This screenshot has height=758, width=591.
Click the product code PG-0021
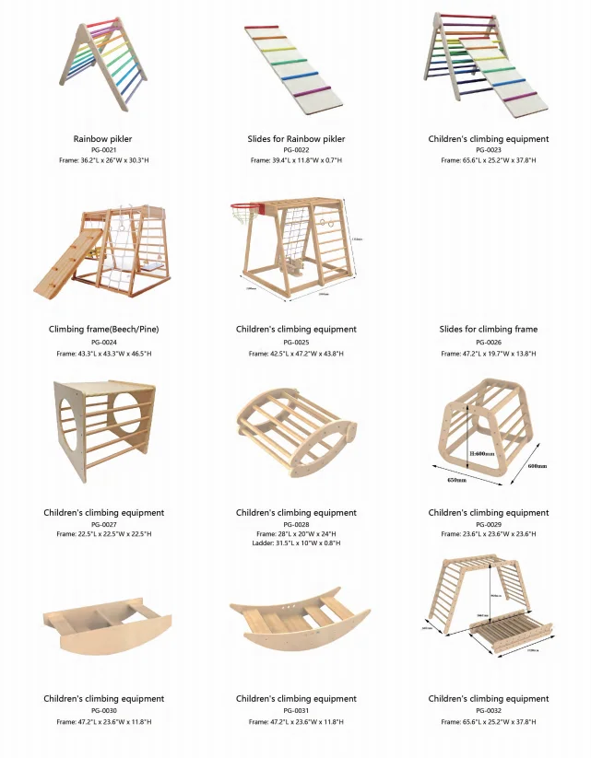[102, 149]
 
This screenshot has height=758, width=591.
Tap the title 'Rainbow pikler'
[102, 139]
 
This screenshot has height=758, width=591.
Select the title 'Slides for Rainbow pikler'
[295, 139]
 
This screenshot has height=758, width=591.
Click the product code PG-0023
[488, 149]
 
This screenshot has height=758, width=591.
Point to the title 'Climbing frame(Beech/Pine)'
[102, 329]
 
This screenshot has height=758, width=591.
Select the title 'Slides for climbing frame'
[488, 329]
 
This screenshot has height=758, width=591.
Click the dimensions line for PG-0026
[488, 353]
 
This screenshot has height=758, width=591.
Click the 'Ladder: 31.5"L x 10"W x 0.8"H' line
[295, 543]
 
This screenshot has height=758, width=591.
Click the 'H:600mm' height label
[480, 453]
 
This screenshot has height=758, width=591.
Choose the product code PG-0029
[488, 523]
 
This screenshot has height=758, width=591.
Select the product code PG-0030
[102, 710]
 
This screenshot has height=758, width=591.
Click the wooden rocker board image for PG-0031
[300, 624]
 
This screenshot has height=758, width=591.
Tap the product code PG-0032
[488, 710]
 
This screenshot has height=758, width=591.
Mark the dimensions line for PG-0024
[102, 353]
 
